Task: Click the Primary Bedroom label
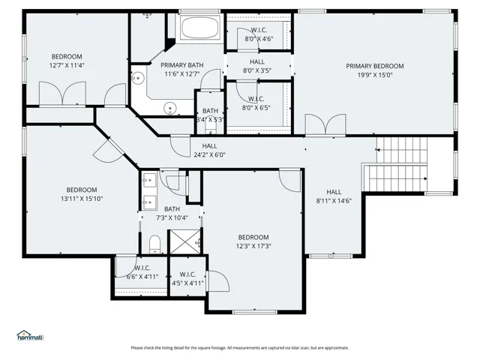[x=375, y=66]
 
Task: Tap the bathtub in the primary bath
[x=200, y=27]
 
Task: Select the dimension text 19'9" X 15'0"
[x=375, y=75]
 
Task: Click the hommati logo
[x=30, y=335]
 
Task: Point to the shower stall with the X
[x=185, y=241]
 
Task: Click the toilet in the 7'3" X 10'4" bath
[x=155, y=244]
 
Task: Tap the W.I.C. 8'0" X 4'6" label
[x=259, y=34]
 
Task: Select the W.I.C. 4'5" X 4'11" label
[x=187, y=279]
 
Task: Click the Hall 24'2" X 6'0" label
[x=209, y=150]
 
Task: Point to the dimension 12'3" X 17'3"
[x=253, y=246]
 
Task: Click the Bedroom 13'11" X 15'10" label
[x=82, y=194]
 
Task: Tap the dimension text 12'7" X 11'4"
[x=67, y=65]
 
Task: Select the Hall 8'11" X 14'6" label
[x=334, y=196]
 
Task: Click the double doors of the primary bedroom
[x=325, y=125]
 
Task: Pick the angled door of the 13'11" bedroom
[x=109, y=151]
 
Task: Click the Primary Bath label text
[x=182, y=65]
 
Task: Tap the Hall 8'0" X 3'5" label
[x=257, y=66]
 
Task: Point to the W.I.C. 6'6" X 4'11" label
[x=142, y=272]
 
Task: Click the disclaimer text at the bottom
[x=240, y=348]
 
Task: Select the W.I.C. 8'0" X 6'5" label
[x=256, y=103]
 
